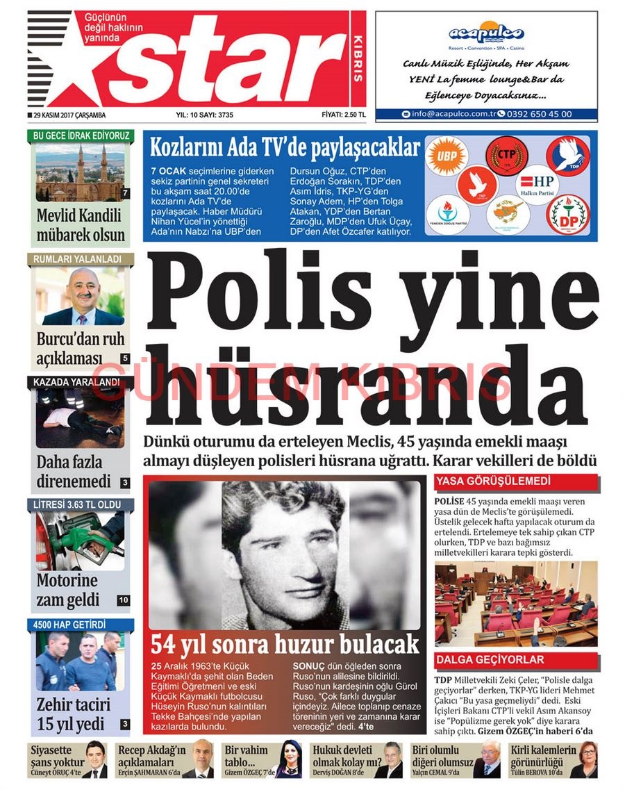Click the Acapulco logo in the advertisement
(485, 33)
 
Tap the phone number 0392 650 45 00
(539, 114)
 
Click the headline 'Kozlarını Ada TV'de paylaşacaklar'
(285, 148)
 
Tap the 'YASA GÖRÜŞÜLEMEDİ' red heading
(493, 481)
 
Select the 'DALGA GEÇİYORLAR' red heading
(490, 659)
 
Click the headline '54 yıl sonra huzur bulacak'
(285, 643)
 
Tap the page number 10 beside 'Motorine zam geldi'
(124, 600)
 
